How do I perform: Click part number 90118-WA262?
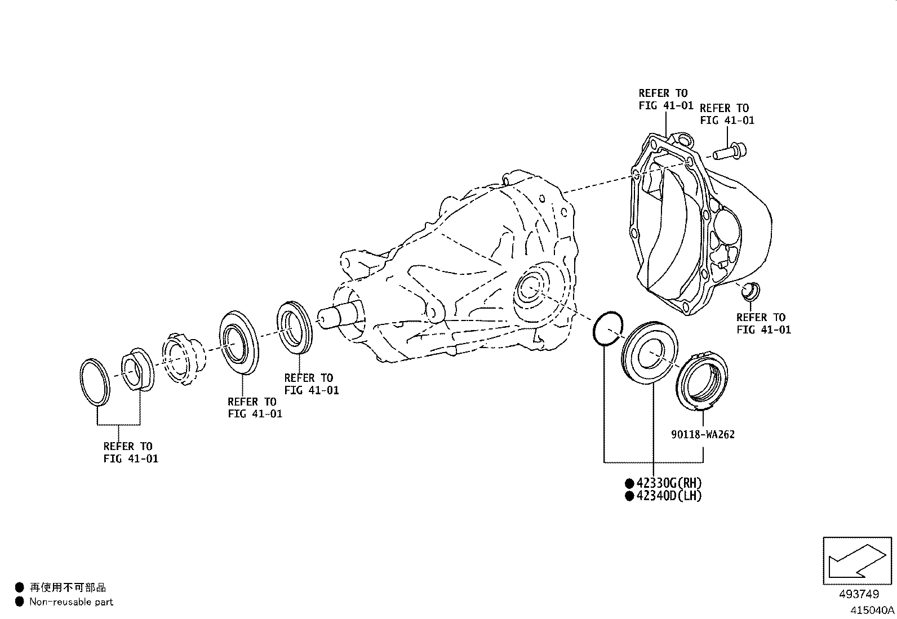click(x=703, y=434)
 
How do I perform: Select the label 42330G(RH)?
click(x=669, y=483)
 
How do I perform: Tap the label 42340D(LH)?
click(x=669, y=496)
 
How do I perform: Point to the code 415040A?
click(x=872, y=609)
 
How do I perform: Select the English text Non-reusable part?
click(x=71, y=602)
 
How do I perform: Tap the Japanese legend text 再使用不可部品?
click(x=68, y=588)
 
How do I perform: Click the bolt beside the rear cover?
click(x=730, y=151)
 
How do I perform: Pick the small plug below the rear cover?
click(x=751, y=291)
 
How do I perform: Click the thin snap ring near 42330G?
click(x=607, y=327)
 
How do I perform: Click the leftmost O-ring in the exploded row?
click(x=94, y=381)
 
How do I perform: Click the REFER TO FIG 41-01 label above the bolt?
click(x=727, y=114)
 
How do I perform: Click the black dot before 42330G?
click(x=629, y=483)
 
